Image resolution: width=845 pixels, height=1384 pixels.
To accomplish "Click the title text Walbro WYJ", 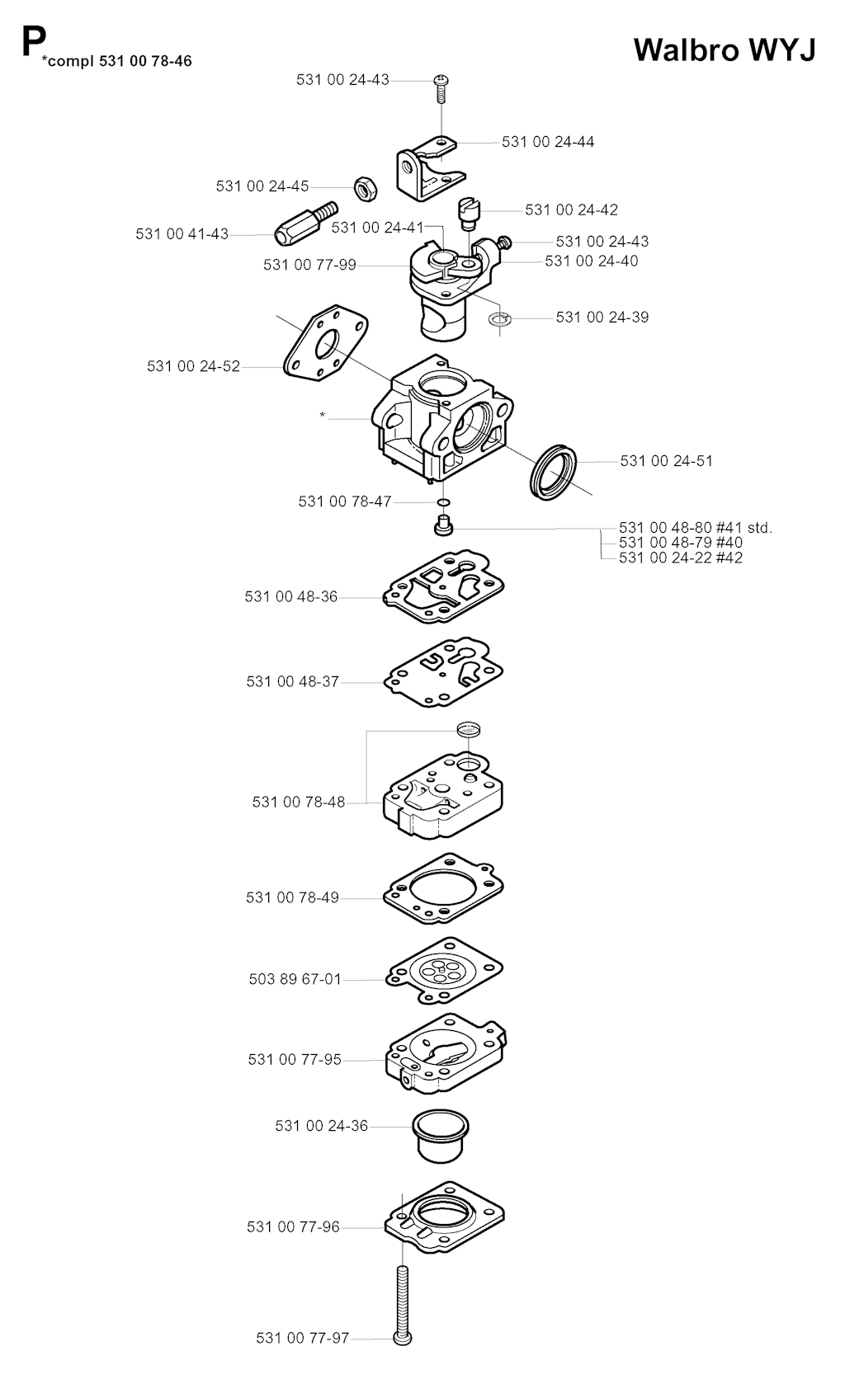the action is coord(725,49).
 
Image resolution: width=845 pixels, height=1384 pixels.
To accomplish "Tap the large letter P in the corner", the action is coord(33,41).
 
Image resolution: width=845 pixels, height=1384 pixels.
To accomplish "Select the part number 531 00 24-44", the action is coord(548,142).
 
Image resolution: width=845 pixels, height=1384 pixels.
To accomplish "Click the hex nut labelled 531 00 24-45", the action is coord(366,188).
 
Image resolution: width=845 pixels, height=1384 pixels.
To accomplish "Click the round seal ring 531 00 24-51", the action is coord(553,471).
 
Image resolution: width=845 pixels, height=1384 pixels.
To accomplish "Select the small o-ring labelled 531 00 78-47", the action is coord(443,501).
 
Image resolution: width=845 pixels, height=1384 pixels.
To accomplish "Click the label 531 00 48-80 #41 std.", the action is coord(696,528).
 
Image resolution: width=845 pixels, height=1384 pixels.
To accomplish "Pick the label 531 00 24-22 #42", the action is coord(681,558).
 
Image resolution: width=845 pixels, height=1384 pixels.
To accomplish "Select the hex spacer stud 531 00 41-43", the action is coord(305,223).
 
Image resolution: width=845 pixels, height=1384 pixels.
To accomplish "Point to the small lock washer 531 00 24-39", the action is coord(499,319).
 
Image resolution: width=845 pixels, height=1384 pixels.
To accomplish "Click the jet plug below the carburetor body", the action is coord(443,526).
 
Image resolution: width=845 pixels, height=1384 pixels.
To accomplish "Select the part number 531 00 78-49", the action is coord(292,897).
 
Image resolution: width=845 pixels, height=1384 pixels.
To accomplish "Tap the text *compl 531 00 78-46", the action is coord(117,61).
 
